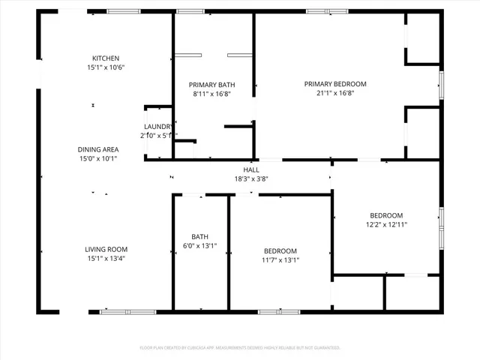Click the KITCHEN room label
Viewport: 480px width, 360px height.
(x=106, y=58)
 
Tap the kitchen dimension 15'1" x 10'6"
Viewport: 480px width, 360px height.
(x=106, y=67)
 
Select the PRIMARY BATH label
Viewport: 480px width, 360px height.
(x=211, y=85)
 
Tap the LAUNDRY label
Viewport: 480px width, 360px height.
(x=158, y=126)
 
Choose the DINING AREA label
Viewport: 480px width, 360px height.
(x=98, y=149)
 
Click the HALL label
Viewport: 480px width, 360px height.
(x=251, y=169)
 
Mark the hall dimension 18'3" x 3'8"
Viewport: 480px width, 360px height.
(x=251, y=178)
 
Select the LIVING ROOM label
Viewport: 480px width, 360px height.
(x=106, y=250)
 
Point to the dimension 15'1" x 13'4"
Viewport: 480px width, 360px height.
(x=106, y=259)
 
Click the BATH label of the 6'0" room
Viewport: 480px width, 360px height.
(x=200, y=236)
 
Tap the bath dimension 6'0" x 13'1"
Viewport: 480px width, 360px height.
(x=200, y=246)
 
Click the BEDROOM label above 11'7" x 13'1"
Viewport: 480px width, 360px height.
(x=280, y=251)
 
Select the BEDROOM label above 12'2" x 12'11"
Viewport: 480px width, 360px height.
(x=386, y=215)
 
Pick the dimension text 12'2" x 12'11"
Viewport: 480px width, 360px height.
(x=386, y=225)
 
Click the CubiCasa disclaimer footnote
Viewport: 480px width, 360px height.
(x=240, y=348)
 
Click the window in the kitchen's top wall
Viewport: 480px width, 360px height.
(x=123, y=11)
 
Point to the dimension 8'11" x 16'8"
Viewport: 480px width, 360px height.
(x=211, y=94)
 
